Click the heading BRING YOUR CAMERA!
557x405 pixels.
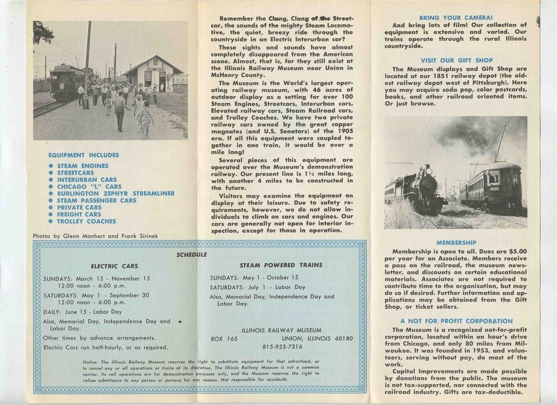pyautogui.click(x=455, y=18)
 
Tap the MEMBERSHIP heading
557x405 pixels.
pyautogui.click(x=455, y=243)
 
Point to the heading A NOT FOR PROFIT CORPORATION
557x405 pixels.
pyautogui.click(x=455, y=321)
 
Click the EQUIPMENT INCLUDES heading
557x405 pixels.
pyautogui.click(x=84, y=155)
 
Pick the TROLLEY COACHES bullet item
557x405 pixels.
pyautogui.click(x=86, y=221)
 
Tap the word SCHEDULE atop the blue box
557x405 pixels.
pyautogui.click(x=191, y=254)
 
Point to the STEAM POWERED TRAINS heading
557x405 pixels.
pyautogui.click(x=281, y=265)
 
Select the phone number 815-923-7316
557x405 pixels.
pyautogui.click(x=281, y=346)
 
